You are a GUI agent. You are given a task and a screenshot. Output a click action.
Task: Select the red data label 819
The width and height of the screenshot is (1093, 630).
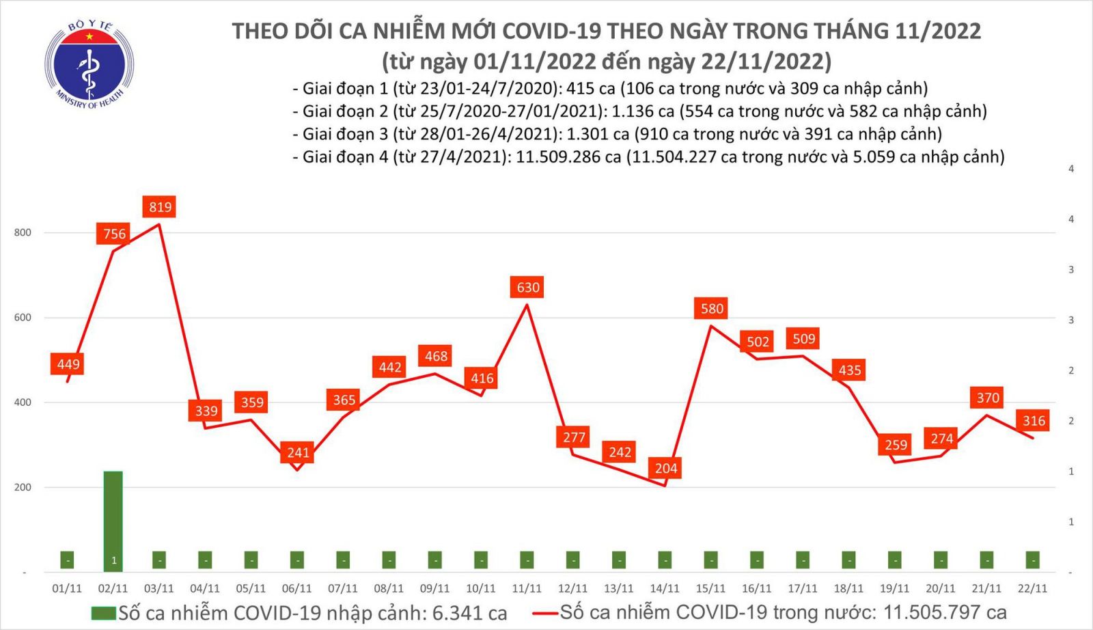point(161,207)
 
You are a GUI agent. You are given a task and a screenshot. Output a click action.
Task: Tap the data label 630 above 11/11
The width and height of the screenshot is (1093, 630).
point(528,288)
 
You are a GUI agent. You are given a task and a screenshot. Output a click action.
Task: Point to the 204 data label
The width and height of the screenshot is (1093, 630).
point(666,468)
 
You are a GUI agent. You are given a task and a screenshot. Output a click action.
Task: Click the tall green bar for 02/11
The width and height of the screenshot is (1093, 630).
point(113,519)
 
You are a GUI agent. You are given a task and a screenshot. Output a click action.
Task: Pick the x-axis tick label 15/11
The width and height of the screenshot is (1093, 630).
point(710,588)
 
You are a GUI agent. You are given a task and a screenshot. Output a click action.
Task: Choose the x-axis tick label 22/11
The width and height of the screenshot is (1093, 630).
point(1032,588)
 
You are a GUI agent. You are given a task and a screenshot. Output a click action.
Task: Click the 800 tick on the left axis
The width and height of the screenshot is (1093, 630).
point(23,232)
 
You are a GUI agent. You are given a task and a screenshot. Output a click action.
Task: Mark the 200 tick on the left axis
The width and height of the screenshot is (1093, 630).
point(23,487)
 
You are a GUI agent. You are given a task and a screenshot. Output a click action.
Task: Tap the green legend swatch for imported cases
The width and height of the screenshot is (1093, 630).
point(103,613)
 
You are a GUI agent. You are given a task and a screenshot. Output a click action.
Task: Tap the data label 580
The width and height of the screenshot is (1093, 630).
point(712,309)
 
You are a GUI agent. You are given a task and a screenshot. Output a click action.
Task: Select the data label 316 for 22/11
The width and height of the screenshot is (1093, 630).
point(1034,421)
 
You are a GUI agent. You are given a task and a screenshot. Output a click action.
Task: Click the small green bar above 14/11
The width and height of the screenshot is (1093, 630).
point(665,560)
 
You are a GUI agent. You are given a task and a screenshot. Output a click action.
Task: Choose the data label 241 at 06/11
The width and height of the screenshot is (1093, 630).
point(299,452)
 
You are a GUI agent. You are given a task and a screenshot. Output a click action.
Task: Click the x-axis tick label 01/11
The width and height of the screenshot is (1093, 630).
point(67,588)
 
